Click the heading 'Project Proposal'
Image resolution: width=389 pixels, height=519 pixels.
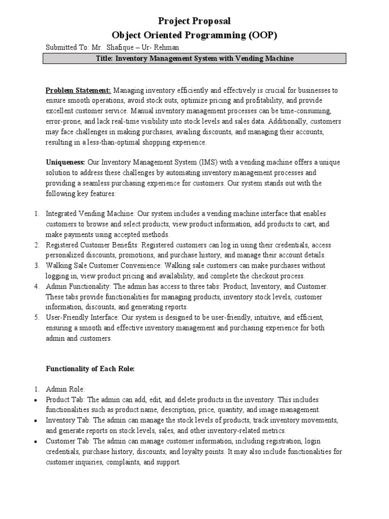[x=194, y=21]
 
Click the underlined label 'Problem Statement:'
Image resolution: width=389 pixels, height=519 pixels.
[x=79, y=91]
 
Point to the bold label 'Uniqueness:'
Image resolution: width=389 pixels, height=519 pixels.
[x=66, y=162]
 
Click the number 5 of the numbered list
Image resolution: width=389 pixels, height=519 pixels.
[x=36, y=317]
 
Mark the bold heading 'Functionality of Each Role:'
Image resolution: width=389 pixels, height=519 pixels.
[x=90, y=369]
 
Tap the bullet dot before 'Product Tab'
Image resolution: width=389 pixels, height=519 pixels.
[x=36, y=400]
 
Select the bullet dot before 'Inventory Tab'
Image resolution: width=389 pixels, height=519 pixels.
[x=36, y=421]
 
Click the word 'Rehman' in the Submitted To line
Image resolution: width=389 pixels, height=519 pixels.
[x=168, y=48]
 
